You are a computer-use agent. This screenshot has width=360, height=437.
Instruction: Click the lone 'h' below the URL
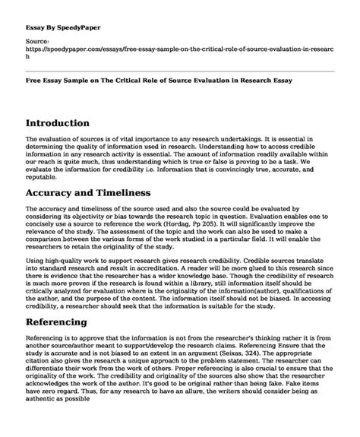point(27,55)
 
